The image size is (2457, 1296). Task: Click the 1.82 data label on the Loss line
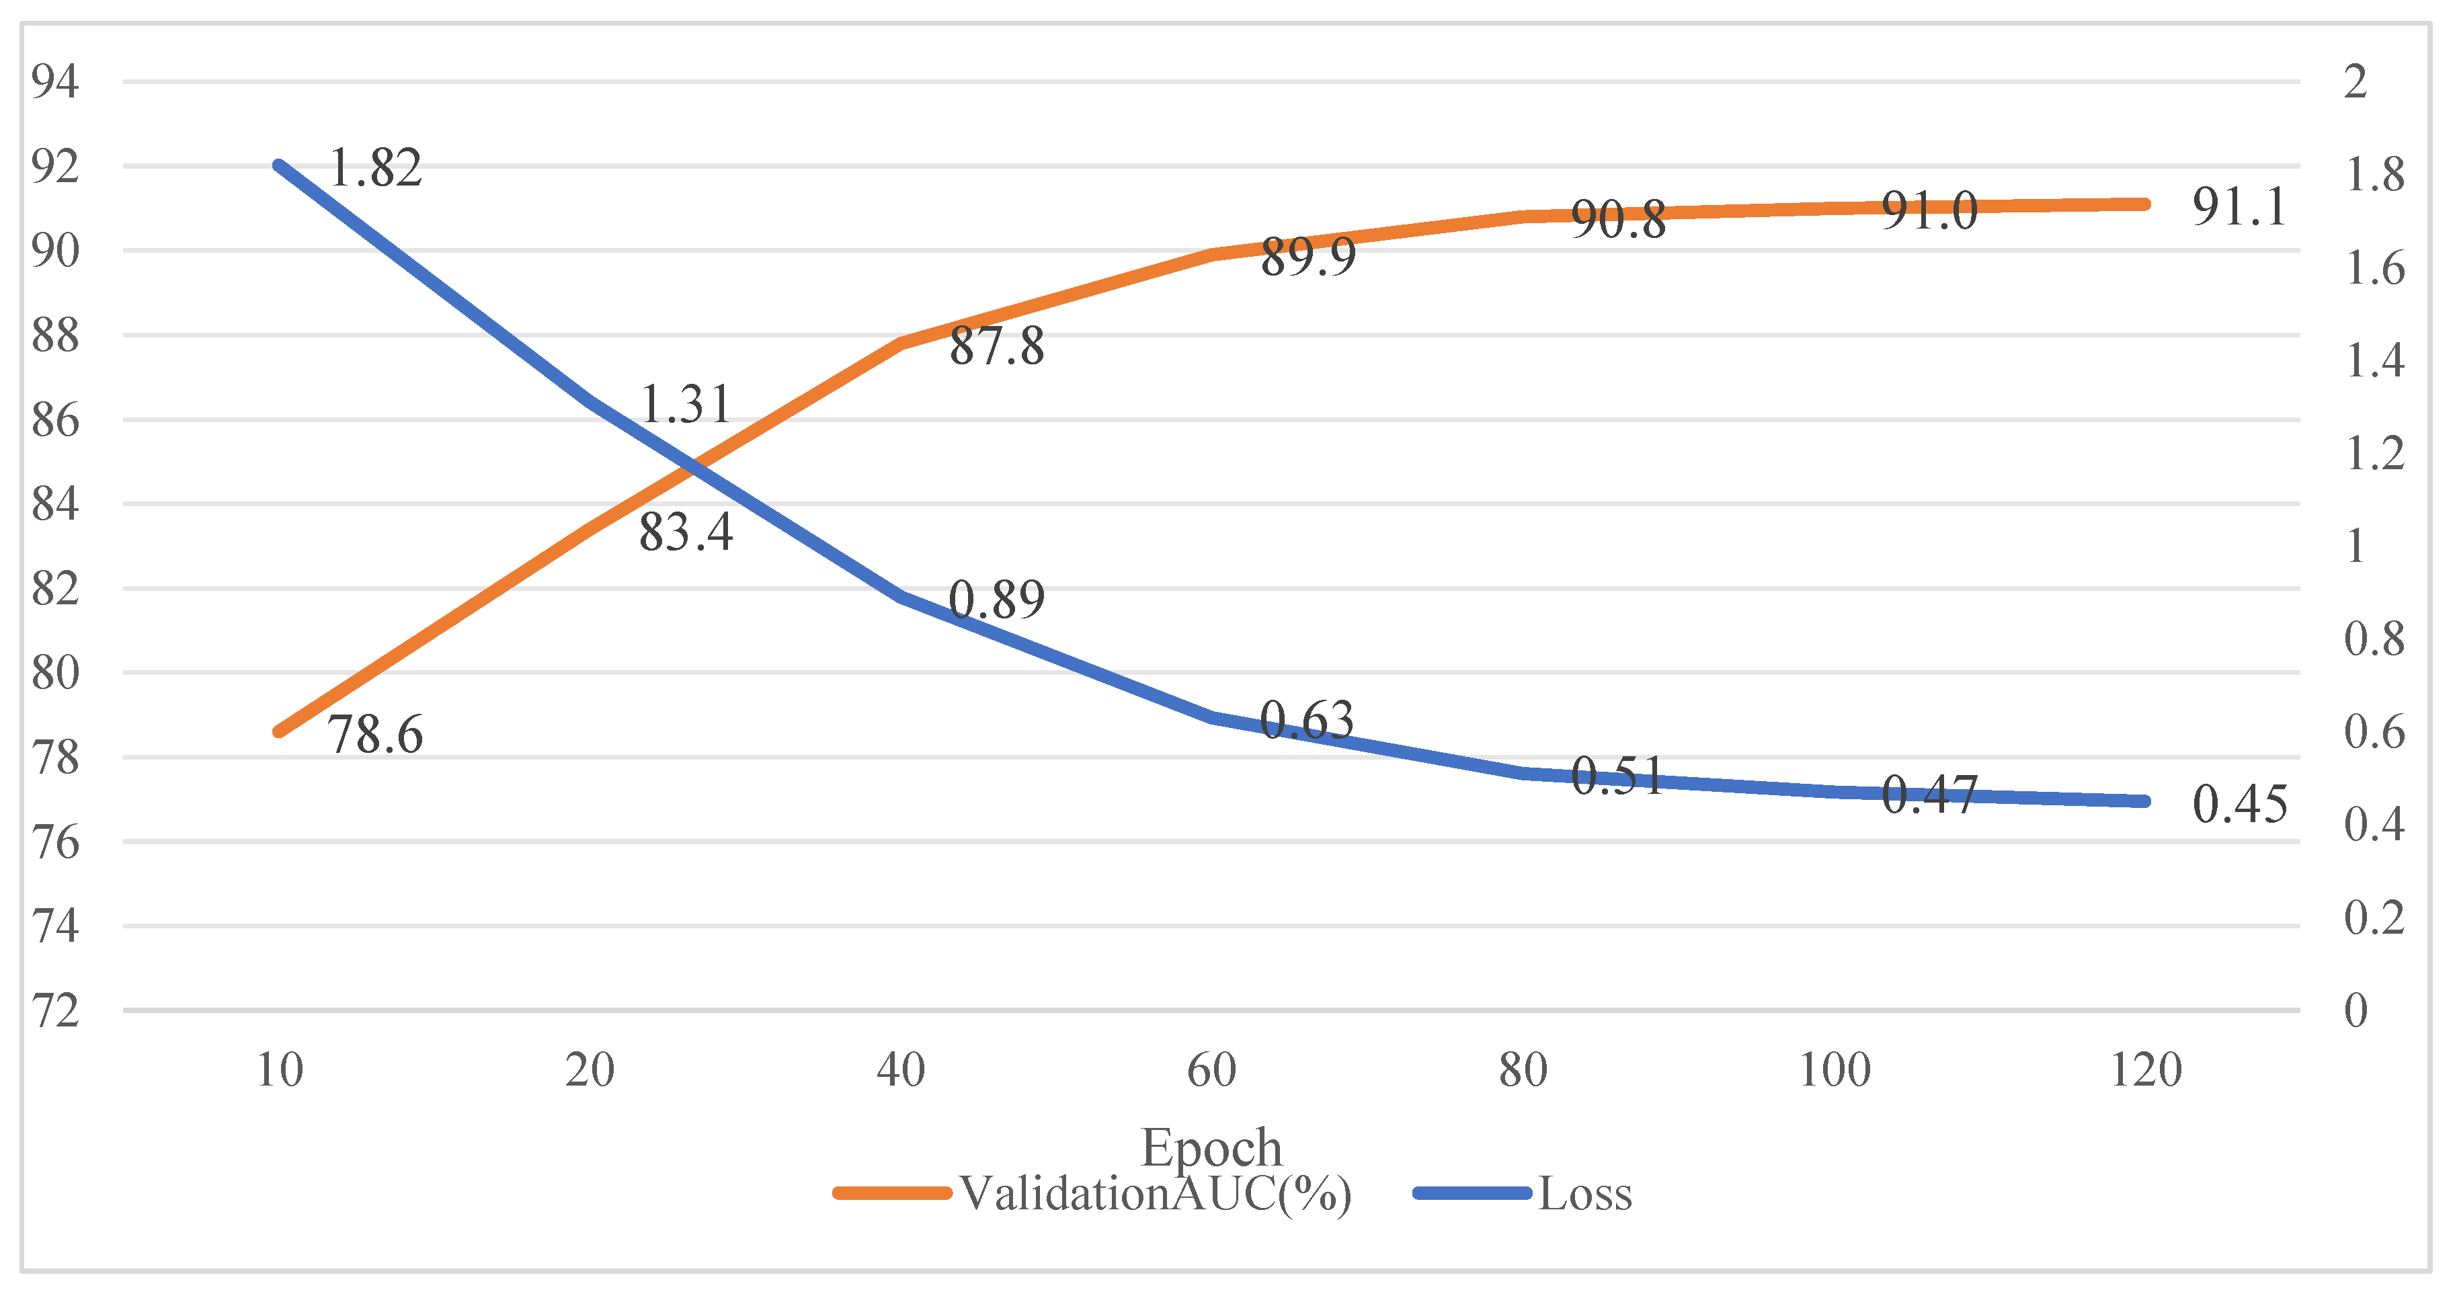click(x=375, y=168)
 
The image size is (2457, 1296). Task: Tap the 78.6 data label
click(x=375, y=734)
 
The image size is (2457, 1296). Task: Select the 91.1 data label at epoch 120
click(x=2239, y=206)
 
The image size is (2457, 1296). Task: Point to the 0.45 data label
click(x=2239, y=803)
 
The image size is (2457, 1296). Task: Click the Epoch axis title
click(x=1211, y=1147)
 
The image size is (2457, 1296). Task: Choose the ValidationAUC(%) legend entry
click(x=1093, y=1193)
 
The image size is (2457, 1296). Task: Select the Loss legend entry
click(x=1523, y=1193)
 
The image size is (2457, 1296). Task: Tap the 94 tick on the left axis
click(x=55, y=81)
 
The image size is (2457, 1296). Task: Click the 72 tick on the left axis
click(x=55, y=1011)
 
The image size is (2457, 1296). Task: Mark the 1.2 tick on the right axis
click(x=2375, y=453)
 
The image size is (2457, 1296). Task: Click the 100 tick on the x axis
click(x=1834, y=1070)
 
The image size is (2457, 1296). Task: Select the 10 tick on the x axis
click(x=280, y=1070)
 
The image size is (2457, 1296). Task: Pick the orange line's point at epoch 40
click(x=901, y=343)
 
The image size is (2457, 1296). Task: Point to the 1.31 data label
click(x=686, y=405)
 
